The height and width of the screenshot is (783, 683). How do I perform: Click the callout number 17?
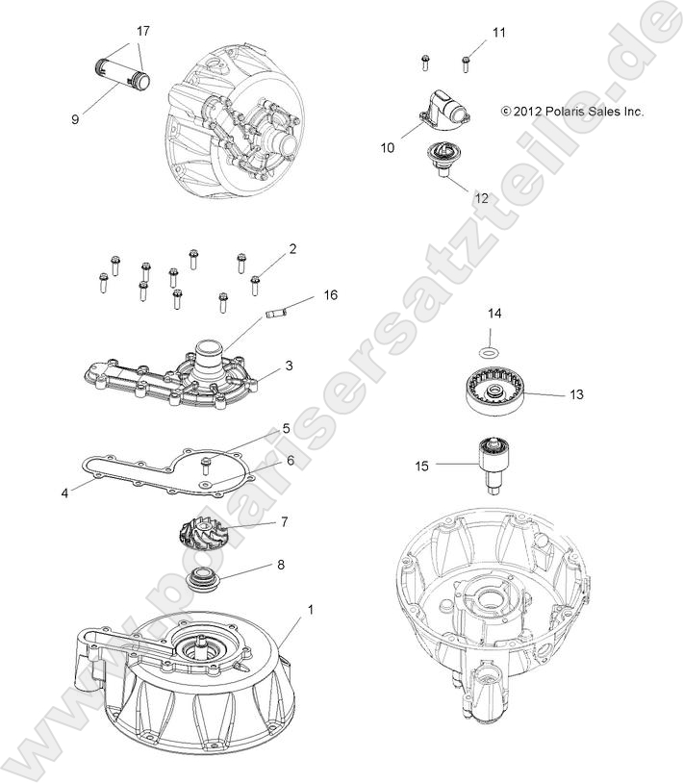pyautogui.click(x=143, y=32)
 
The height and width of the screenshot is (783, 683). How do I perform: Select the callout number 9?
pyautogui.click(x=74, y=119)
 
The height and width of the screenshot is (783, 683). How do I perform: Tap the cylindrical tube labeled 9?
pyautogui.click(x=122, y=75)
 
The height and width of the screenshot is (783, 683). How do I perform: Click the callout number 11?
pyautogui.click(x=498, y=33)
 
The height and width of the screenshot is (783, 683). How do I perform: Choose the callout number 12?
pyautogui.click(x=481, y=198)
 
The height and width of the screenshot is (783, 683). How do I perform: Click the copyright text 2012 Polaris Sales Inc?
pyautogui.click(x=571, y=112)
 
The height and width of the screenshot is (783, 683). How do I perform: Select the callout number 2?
pyautogui.click(x=292, y=248)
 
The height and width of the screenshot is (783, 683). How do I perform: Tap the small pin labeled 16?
pyautogui.click(x=277, y=312)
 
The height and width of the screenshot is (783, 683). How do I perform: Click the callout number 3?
pyautogui.click(x=288, y=366)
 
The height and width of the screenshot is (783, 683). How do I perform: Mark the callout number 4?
pyautogui.click(x=64, y=493)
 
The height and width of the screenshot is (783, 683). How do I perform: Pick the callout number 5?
pyautogui.click(x=286, y=428)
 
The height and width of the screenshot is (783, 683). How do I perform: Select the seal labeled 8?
pyautogui.click(x=204, y=580)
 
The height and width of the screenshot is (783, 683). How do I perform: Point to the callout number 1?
pyautogui.click(x=310, y=609)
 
